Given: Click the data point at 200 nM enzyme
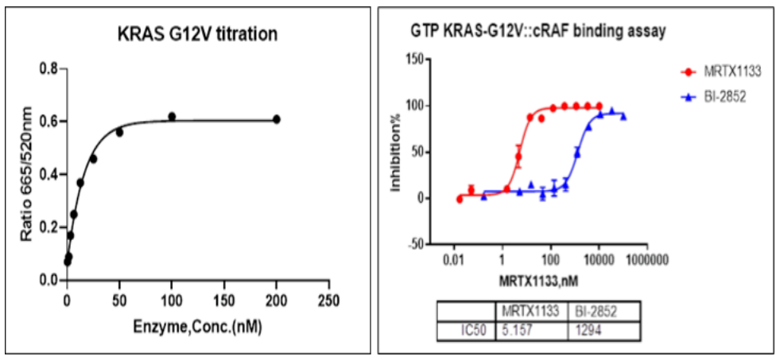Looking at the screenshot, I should point(277,119).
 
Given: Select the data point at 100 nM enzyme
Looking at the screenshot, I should point(172,117).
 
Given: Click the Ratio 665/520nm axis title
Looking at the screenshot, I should point(27,175).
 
